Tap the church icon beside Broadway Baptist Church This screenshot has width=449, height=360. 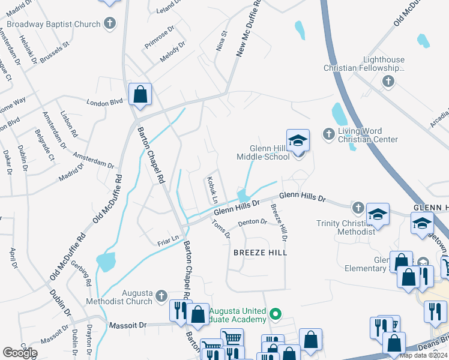109,24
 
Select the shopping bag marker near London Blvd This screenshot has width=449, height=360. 140,95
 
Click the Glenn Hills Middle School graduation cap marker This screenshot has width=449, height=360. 298,142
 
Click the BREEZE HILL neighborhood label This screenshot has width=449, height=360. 261,253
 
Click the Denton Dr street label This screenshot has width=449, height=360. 252,222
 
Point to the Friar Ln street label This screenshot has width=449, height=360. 168,241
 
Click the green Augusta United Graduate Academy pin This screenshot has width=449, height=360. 275,313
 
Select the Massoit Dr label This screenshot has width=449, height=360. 127,325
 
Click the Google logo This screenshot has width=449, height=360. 20,352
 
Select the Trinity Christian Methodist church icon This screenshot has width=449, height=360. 358,208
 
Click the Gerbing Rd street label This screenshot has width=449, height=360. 88,273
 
